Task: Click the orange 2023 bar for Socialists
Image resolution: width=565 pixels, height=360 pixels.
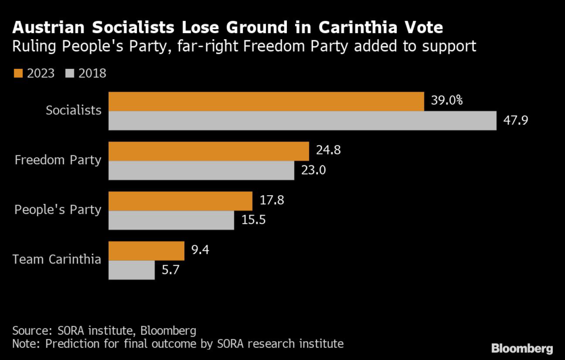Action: point(266,101)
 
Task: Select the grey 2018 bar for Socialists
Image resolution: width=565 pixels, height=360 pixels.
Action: point(302,121)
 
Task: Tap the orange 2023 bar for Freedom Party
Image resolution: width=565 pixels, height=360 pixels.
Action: point(209,151)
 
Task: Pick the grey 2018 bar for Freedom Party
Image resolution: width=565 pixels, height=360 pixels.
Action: point(201,170)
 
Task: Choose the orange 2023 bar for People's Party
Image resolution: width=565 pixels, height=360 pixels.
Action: point(180,201)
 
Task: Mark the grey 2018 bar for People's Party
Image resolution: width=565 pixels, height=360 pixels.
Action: point(171,220)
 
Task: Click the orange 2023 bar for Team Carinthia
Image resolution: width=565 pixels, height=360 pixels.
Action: point(146,250)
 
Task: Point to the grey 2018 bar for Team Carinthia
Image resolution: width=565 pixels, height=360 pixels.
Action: point(131,270)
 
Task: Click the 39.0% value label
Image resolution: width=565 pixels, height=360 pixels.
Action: point(446,101)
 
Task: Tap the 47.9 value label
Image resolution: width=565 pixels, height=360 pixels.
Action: point(516,120)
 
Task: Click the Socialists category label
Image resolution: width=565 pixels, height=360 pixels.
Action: point(73,110)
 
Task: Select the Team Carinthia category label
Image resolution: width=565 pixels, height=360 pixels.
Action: point(57,259)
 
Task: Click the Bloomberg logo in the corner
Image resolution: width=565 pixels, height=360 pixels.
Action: point(522,348)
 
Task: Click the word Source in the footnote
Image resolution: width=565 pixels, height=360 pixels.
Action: point(31,331)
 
